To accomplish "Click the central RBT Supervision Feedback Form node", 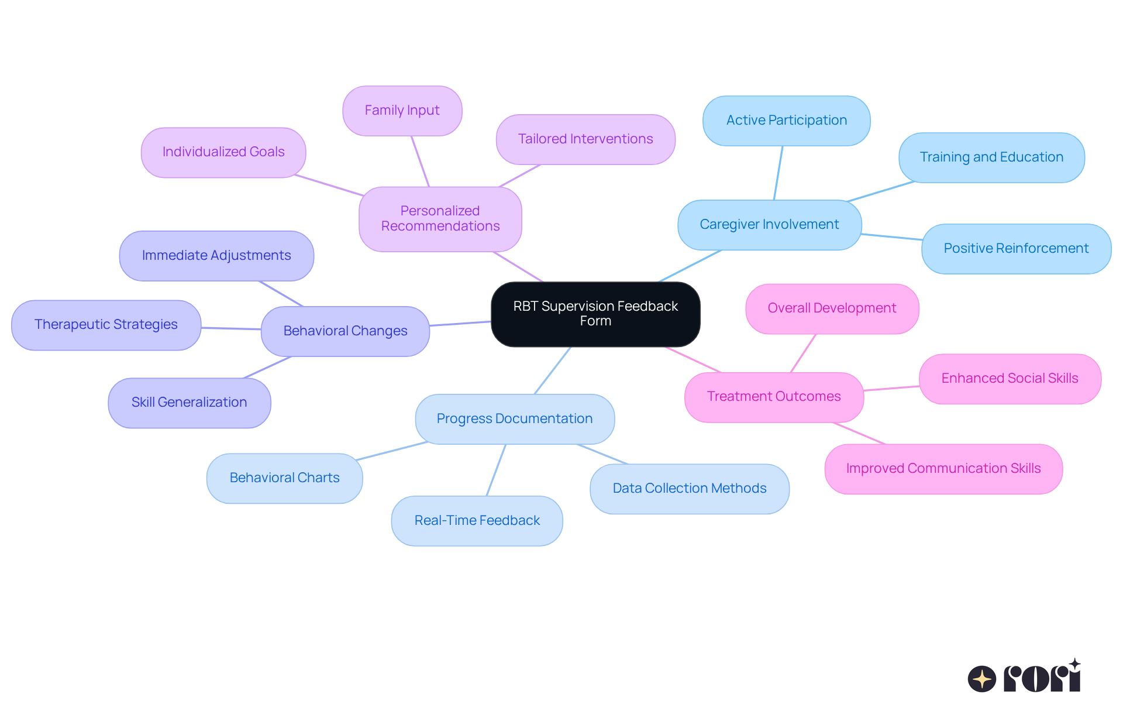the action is tap(595, 314).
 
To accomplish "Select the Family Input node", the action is tap(402, 111).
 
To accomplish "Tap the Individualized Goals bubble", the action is tap(223, 152).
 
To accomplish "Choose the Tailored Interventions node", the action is tap(585, 139).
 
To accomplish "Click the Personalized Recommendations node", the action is tap(440, 219).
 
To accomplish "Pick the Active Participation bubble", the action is tap(786, 121).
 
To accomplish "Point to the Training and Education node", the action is tap(991, 157).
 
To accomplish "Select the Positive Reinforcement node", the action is tap(1016, 249).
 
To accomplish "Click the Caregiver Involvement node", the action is tap(769, 225).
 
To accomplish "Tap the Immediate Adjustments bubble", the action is tap(216, 256).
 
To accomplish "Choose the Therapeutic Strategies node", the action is tap(106, 325).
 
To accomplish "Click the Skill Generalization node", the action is tap(189, 403).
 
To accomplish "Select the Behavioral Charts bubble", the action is tap(284, 478).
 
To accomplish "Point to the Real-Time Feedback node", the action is tap(477, 521).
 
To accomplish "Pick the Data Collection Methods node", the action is tap(689, 489).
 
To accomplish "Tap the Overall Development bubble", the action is tap(832, 308).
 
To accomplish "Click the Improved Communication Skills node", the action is tap(943, 469).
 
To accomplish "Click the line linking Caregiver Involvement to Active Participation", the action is tap(778, 173).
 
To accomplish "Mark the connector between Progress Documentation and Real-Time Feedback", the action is tap(496, 470).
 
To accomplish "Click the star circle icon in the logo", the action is tap(981, 679).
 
